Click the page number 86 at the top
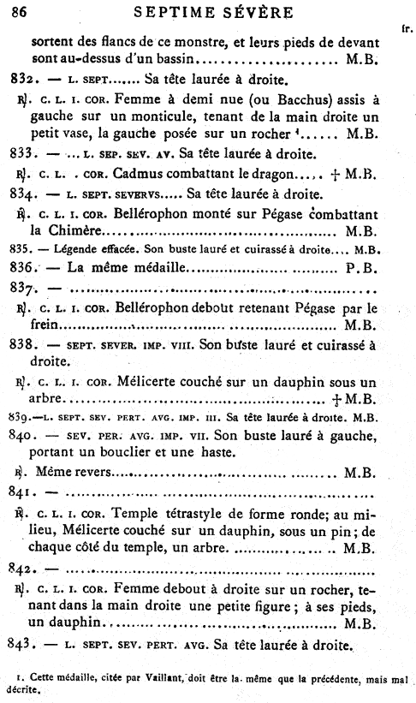(x=19, y=12)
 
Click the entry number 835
(x=16, y=251)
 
